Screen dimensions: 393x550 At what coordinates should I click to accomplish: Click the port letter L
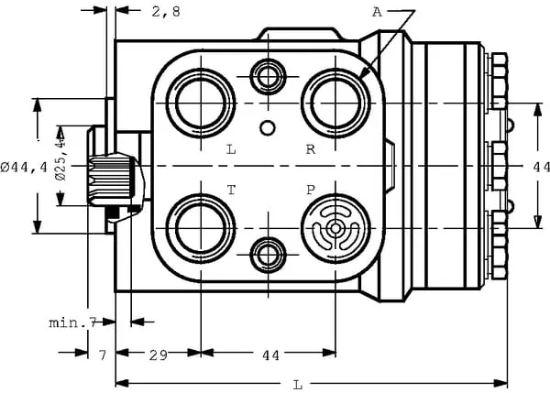[x=231, y=148]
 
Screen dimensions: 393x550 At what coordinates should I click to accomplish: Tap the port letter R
[x=311, y=148]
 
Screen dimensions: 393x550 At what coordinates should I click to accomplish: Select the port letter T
[x=231, y=190]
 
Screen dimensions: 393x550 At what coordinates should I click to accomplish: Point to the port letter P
[x=311, y=190]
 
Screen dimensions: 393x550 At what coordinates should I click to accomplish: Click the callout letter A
[x=377, y=12]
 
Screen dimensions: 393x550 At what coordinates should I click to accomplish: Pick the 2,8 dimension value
[x=165, y=12]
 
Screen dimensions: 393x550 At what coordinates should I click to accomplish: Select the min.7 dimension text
[x=73, y=322]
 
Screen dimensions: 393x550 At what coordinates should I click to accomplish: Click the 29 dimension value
[x=157, y=354]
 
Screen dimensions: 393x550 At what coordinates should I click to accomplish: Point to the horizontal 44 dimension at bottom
[x=270, y=354]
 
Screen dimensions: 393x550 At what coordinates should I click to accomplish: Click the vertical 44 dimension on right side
[x=540, y=167]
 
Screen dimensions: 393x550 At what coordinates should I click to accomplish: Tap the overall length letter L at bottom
[x=297, y=383]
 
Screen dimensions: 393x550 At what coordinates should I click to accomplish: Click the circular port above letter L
[x=201, y=102]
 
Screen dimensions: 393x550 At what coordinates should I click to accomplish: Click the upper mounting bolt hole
[x=268, y=75]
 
